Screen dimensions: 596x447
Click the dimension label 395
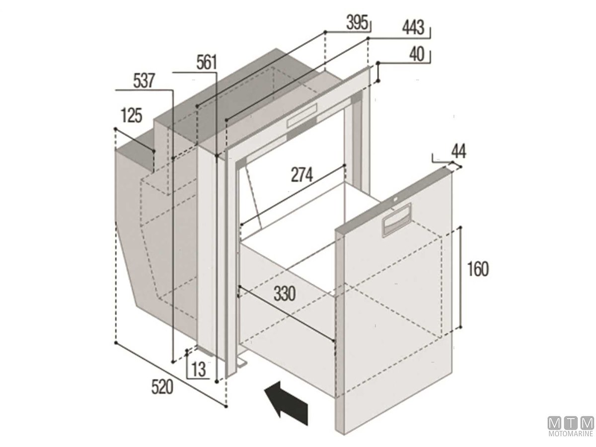(357, 23)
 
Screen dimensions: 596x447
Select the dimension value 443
(413, 28)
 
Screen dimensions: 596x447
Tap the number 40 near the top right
(417, 54)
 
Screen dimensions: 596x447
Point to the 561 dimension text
(207, 62)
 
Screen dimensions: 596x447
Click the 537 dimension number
(144, 80)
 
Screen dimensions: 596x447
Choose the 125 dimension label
(132, 116)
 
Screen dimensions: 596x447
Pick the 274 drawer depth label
(302, 175)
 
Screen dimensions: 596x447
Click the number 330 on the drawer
(285, 294)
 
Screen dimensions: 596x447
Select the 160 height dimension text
(478, 269)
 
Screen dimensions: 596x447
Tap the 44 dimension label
(459, 151)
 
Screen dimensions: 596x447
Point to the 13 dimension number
(199, 370)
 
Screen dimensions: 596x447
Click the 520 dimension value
(162, 387)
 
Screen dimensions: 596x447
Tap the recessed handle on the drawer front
(396, 220)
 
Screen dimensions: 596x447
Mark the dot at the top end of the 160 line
(460, 227)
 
